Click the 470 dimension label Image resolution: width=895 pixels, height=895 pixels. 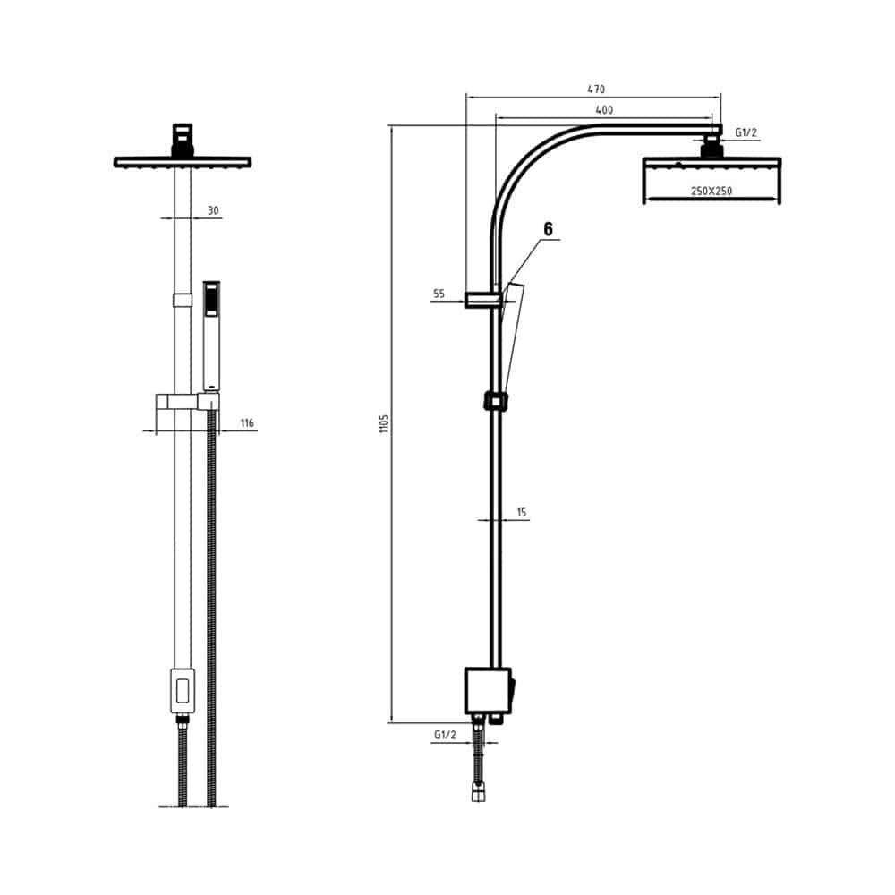click(596, 89)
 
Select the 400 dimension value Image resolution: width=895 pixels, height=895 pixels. click(604, 110)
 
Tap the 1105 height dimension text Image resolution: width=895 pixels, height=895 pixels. click(384, 423)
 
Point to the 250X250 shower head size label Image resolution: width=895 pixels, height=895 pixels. click(712, 191)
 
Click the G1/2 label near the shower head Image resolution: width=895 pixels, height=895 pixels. click(746, 133)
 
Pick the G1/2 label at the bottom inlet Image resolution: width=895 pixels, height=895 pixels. click(445, 735)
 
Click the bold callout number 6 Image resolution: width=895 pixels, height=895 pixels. click(548, 229)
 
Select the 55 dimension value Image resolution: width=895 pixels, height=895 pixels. click(439, 294)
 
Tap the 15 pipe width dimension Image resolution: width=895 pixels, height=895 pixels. click(521, 513)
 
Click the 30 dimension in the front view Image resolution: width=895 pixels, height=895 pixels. click(213, 210)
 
